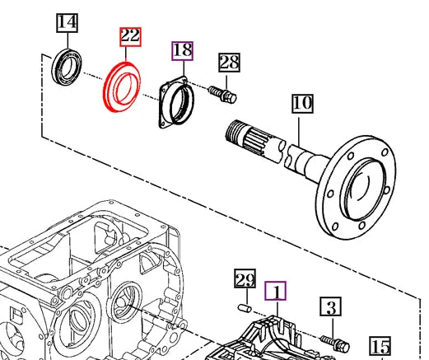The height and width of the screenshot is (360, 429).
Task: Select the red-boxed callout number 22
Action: (x=129, y=36)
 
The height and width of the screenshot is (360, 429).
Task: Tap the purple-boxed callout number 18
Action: (x=182, y=50)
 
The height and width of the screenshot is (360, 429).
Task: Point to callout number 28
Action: (x=228, y=63)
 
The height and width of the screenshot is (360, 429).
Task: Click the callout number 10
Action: (x=302, y=104)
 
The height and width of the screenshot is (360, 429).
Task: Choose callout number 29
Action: (x=244, y=279)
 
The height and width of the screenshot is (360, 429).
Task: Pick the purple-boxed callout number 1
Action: (x=276, y=290)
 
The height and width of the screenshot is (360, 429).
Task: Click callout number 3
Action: (x=329, y=308)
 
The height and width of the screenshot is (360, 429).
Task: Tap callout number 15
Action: (x=379, y=347)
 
